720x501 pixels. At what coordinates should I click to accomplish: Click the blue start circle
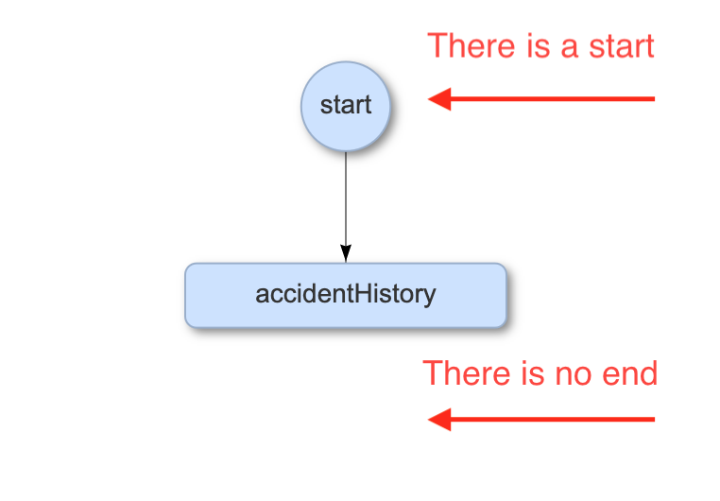[x=346, y=106]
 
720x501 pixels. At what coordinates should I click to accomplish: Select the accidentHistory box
[x=346, y=295]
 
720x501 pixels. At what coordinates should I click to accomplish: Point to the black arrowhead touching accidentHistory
[x=346, y=253]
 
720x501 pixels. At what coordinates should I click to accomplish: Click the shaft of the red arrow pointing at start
[x=557, y=98]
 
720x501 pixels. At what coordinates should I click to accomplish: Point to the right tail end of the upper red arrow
[x=652, y=98]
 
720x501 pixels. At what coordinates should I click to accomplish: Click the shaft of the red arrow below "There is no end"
[x=557, y=419]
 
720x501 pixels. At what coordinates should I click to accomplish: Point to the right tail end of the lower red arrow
[x=652, y=419]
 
